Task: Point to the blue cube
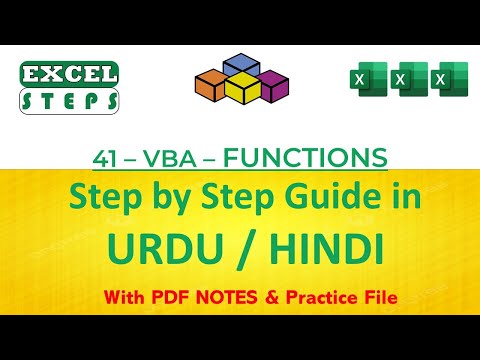[x=240, y=68]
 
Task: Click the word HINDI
[x=326, y=246]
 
